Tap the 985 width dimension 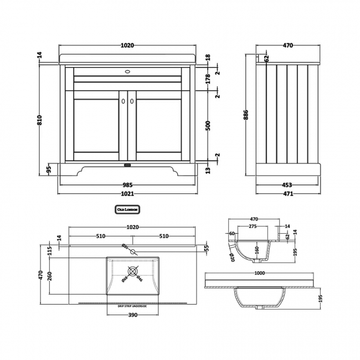pyautogui.click(x=128, y=185)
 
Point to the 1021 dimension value pyautogui.click(x=128, y=194)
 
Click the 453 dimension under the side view pyautogui.click(x=287, y=185)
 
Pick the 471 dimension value pyautogui.click(x=287, y=194)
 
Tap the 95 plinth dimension pyautogui.click(x=49, y=168)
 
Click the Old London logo pyautogui.click(x=127, y=209)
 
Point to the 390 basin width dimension pyautogui.click(x=128, y=315)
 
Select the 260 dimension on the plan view pyautogui.click(x=52, y=275)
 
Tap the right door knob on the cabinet pyautogui.click(x=132, y=101)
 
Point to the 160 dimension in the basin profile pyautogui.click(x=257, y=249)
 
